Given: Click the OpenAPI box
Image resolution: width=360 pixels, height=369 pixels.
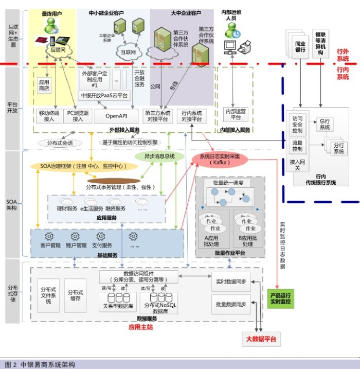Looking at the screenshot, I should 116,116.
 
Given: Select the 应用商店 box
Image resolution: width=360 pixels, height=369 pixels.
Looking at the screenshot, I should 44,85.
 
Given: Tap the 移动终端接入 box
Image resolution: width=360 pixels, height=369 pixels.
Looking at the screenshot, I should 49,116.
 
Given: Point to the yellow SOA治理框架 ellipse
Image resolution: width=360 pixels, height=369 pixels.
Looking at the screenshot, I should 82,166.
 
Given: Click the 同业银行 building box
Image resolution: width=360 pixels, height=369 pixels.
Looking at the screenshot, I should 299,46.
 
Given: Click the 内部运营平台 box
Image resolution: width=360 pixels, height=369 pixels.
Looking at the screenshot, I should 236,114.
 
